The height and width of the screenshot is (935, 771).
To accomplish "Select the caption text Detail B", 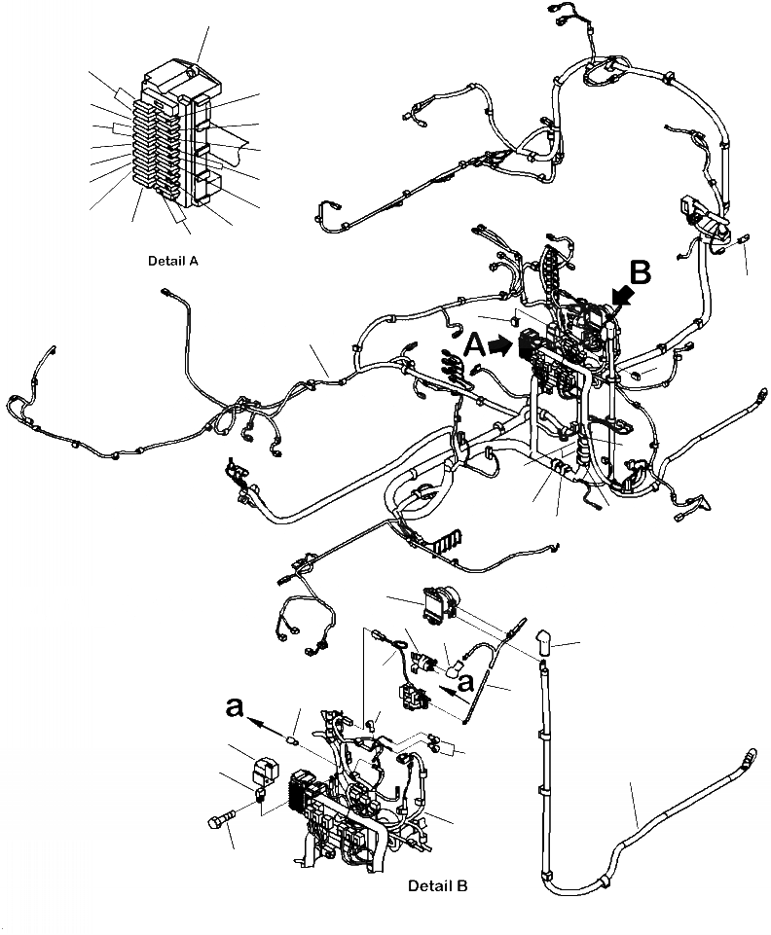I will coord(438,886).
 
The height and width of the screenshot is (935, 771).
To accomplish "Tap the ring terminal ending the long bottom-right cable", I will coord(750,754).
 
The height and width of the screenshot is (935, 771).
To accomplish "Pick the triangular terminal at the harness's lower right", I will coord(704,502).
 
